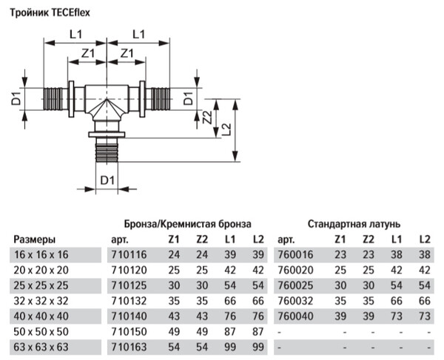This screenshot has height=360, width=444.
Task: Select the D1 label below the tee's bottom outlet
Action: pyautogui.click(x=108, y=180)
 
